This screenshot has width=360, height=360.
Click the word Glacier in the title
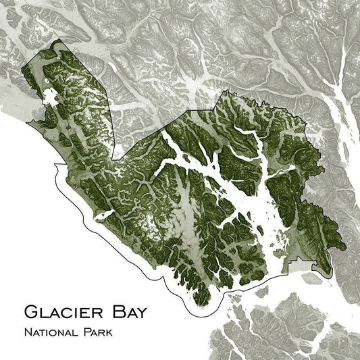coord(61,311)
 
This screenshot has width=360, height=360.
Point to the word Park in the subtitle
coord(99,332)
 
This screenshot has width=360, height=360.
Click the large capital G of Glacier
coord(32,311)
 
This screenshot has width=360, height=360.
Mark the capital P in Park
coord(87,332)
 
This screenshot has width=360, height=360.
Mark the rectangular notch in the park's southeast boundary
coord(296,261)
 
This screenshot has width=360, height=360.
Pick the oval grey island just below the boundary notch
coord(312,276)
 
